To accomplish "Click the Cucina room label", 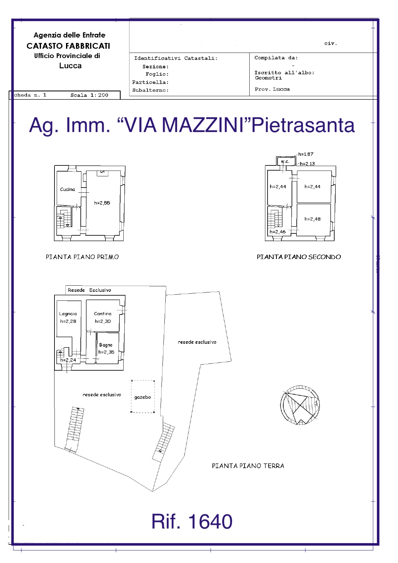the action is pyautogui.click(x=68, y=189).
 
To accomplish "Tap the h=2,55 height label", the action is pyautogui.click(x=102, y=203).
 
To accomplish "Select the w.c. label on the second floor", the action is pyautogui.click(x=285, y=162).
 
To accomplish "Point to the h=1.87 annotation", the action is pyautogui.click(x=306, y=154).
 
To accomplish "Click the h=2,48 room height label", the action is pyautogui.click(x=312, y=219).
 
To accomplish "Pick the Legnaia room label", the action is pyautogui.click(x=68, y=314).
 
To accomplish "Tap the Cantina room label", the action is pyautogui.click(x=103, y=314).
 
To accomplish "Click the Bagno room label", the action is pyautogui.click(x=106, y=345).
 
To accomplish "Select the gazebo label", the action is pyautogui.click(x=143, y=397).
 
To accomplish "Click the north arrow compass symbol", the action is pyautogui.click(x=300, y=405).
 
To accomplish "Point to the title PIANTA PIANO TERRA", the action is pyautogui.click(x=248, y=466).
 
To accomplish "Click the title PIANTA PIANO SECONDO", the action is pyautogui.click(x=299, y=257).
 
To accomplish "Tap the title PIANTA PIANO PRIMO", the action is pyautogui.click(x=82, y=257).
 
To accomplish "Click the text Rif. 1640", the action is pyautogui.click(x=192, y=521).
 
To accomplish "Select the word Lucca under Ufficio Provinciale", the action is pyautogui.click(x=70, y=66).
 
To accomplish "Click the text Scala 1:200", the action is pyautogui.click(x=89, y=95).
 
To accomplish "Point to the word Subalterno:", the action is pyautogui.click(x=151, y=90).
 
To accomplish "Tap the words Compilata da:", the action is pyautogui.click(x=276, y=58).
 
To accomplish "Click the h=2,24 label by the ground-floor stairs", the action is pyautogui.click(x=68, y=360).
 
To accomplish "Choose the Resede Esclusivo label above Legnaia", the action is pyautogui.click(x=89, y=290).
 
